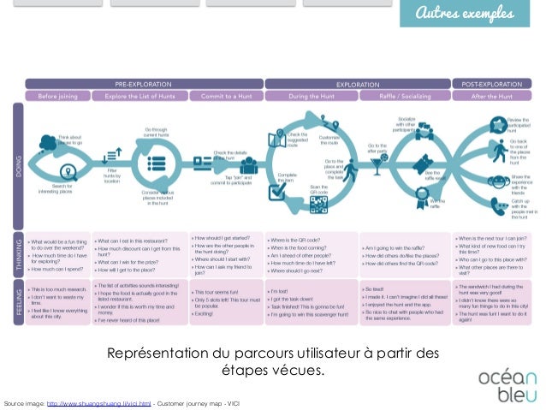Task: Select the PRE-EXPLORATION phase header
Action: point(143,85)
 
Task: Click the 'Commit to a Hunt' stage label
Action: point(227,96)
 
